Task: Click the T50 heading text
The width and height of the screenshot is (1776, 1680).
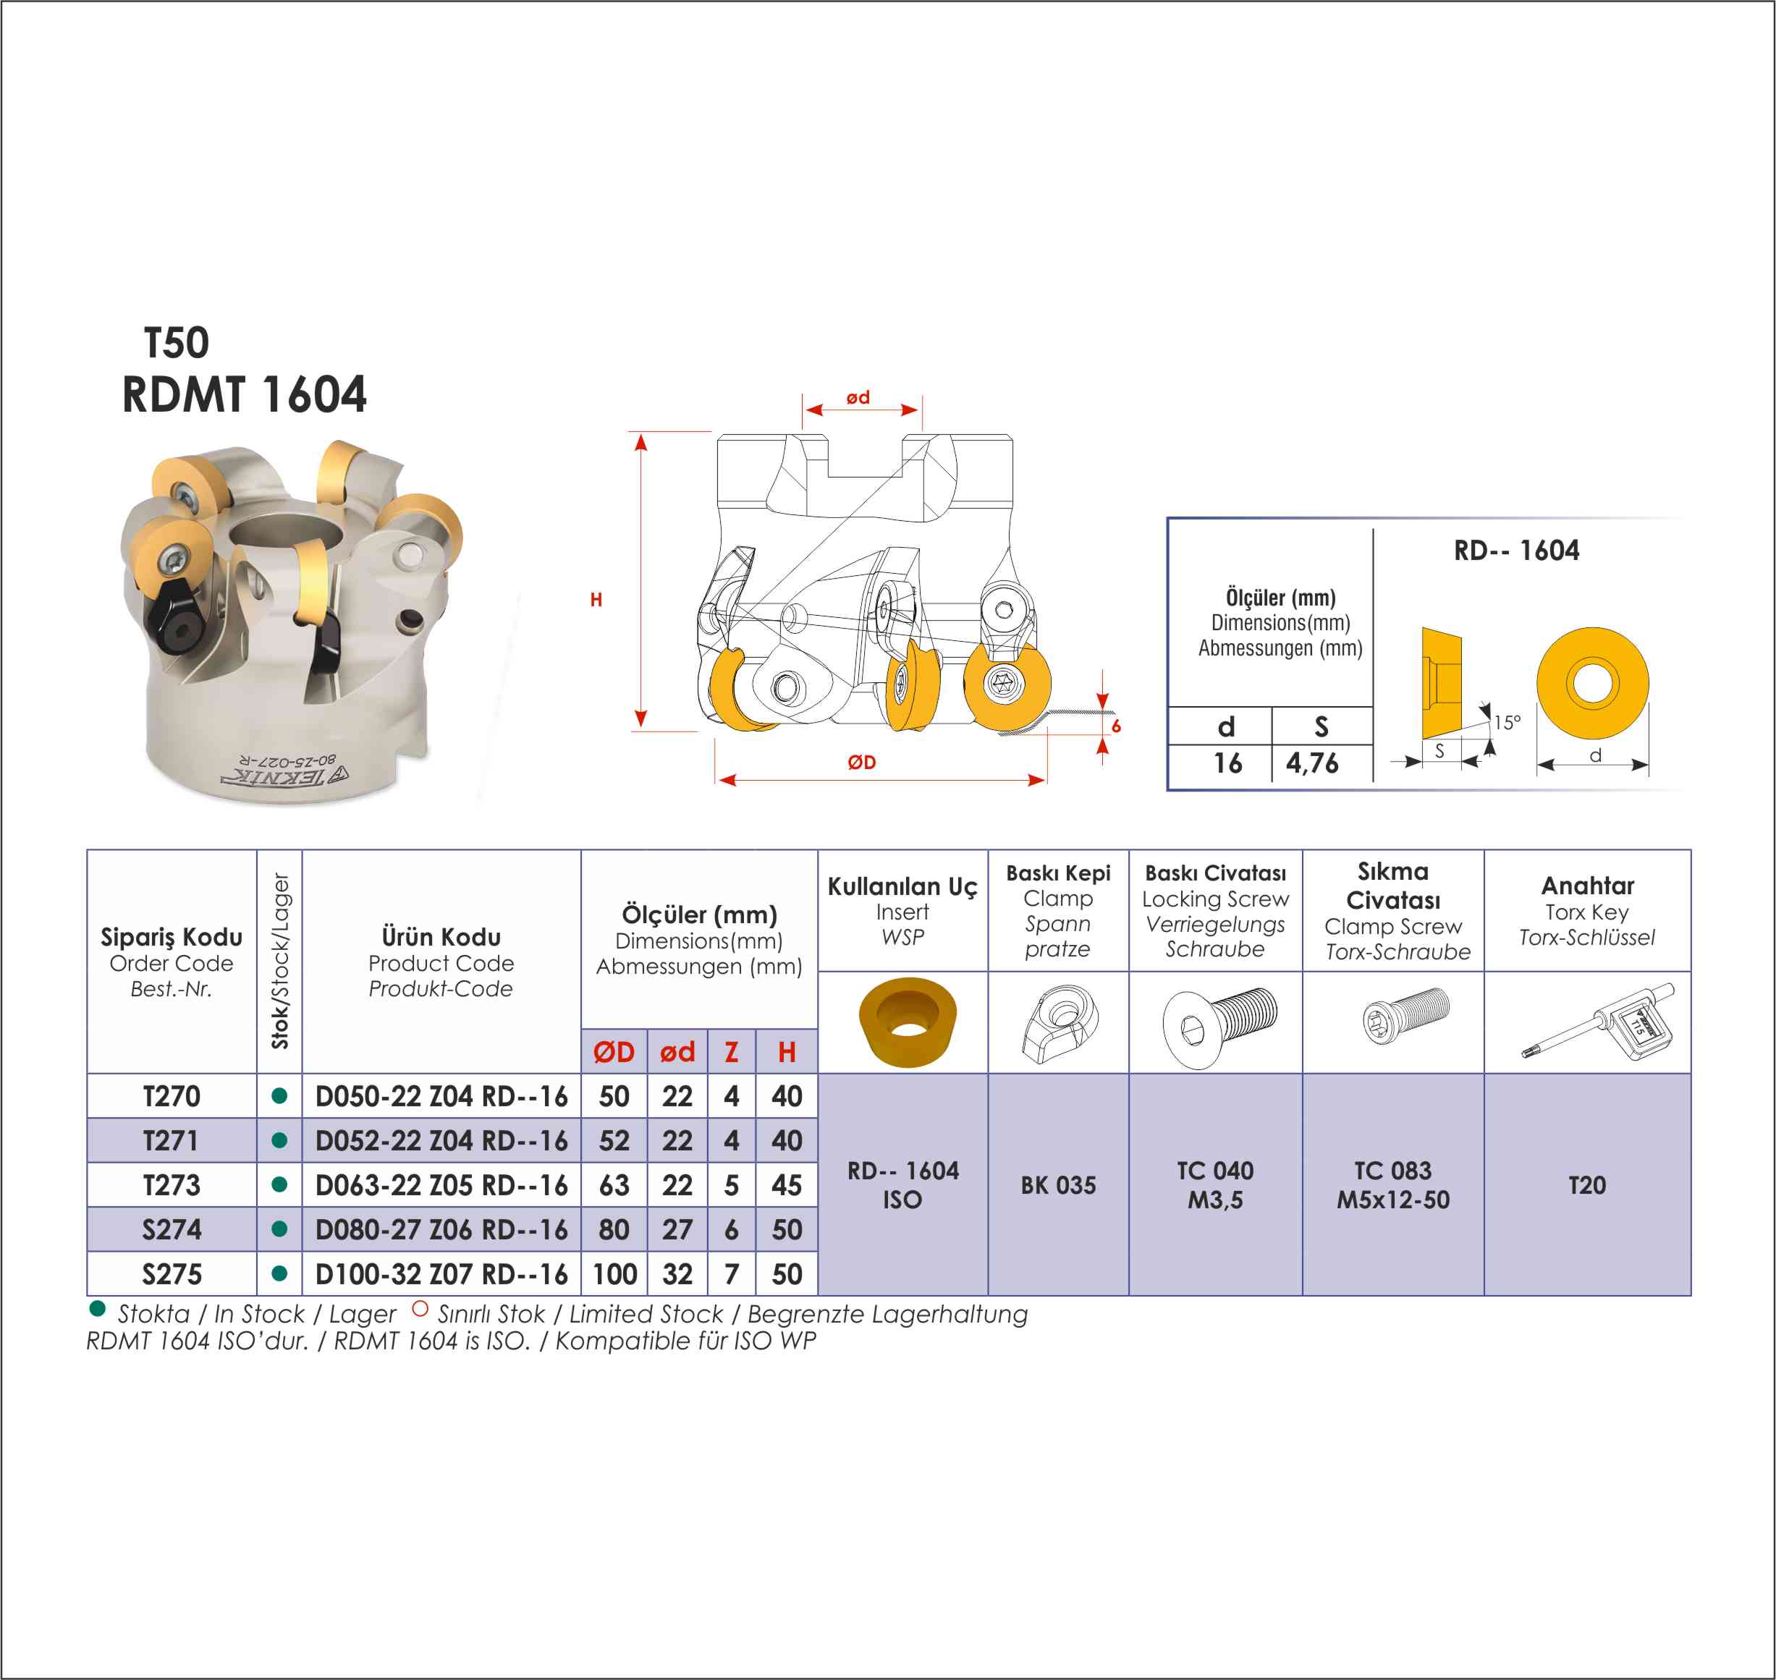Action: pyautogui.click(x=177, y=343)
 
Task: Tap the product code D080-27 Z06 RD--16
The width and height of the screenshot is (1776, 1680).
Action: pyautogui.click(x=441, y=1229)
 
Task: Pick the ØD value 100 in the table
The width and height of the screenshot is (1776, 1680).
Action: pyautogui.click(x=614, y=1274)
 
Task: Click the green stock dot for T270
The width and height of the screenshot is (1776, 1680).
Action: pyautogui.click(x=279, y=1095)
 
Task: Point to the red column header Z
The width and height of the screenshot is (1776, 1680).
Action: pyautogui.click(x=732, y=1052)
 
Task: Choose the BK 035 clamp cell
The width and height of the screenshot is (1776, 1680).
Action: pyautogui.click(x=1058, y=1185)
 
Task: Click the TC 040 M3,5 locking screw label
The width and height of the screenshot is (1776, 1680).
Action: pyautogui.click(x=1214, y=1185)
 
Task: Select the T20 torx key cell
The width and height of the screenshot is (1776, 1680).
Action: pyautogui.click(x=1586, y=1185)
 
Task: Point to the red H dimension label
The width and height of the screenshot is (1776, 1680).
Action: pyautogui.click(x=596, y=600)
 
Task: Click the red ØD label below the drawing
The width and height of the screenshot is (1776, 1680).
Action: pyautogui.click(x=861, y=762)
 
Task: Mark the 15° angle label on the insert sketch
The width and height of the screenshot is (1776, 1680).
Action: pyautogui.click(x=1508, y=722)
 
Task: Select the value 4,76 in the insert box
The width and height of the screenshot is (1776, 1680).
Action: pyautogui.click(x=1312, y=763)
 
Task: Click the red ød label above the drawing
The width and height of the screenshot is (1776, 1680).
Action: pyautogui.click(x=858, y=396)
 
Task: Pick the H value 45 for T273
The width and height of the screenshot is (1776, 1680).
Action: pyautogui.click(x=787, y=1185)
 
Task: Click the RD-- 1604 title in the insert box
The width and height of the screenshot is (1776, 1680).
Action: pyautogui.click(x=1516, y=550)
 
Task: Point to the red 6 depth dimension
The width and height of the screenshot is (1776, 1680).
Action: pyautogui.click(x=1116, y=726)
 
